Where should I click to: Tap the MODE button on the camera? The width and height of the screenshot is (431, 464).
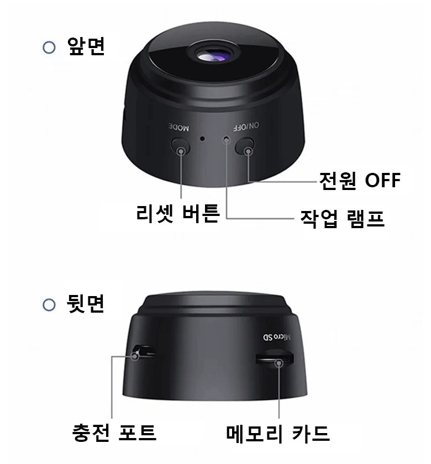(180, 146)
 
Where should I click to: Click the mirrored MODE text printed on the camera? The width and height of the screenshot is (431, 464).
(179, 127)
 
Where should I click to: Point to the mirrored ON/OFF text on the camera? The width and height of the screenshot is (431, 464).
(246, 126)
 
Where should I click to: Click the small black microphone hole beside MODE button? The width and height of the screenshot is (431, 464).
(202, 138)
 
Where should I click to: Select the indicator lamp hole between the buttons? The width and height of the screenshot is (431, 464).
(227, 139)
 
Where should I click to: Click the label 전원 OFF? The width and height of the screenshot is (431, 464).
(360, 180)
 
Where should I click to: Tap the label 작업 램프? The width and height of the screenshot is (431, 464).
(342, 218)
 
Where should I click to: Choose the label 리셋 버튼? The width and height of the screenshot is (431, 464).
(178, 213)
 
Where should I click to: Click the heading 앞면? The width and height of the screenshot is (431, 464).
(86, 46)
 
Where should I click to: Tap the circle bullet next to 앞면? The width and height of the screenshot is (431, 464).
(49, 48)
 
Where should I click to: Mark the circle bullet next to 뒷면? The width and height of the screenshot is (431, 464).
(49, 304)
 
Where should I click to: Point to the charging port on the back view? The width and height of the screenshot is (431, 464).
(144, 351)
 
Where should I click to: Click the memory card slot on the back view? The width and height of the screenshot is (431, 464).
(275, 358)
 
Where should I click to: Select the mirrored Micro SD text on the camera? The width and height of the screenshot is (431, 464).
(277, 337)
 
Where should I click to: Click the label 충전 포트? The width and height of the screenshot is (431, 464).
(114, 433)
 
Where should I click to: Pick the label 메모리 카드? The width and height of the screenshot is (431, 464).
(277, 434)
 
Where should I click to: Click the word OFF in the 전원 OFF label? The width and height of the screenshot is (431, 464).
(383, 180)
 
